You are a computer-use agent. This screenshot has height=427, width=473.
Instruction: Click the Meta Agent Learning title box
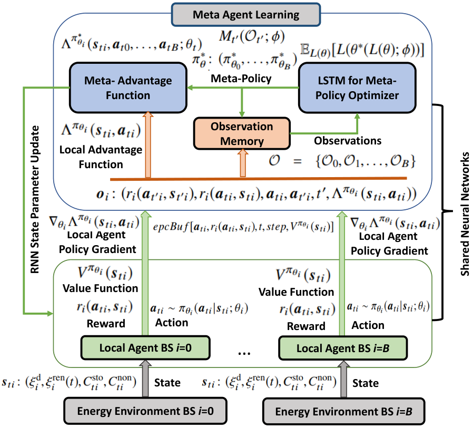coord(246,14)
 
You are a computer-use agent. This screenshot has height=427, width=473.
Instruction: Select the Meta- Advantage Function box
coord(128,88)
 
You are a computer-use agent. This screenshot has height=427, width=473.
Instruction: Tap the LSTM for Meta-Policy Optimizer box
coord(357,88)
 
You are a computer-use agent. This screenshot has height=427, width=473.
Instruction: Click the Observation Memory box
coord(242,133)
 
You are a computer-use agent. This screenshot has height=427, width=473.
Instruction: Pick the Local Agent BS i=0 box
coord(145,347)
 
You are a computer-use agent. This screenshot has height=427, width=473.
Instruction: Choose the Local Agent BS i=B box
coord(343,348)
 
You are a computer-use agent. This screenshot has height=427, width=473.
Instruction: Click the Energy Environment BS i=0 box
coord(145,411)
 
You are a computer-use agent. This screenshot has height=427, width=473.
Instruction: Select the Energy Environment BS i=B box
coord(343,412)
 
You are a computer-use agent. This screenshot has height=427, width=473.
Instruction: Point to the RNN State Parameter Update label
coord(35,200)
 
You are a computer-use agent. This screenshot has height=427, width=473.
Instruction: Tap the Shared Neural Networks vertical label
coord(465,214)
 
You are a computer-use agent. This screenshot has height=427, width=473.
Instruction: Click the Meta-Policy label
coord(241,79)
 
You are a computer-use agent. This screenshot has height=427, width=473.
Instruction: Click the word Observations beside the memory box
coord(348,141)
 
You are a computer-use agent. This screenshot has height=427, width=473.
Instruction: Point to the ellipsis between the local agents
coord(244,353)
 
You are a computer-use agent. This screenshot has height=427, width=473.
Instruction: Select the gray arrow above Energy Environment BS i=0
coord(145,379)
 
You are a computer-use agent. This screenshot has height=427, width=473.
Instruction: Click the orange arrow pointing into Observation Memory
coord(242,163)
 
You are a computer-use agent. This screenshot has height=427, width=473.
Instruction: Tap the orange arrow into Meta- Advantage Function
coord(148,145)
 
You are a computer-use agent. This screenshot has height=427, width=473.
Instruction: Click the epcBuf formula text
coord(243,227)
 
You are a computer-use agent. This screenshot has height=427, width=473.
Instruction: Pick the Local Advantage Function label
coord(101,157)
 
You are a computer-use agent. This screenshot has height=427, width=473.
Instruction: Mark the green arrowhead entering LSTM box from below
coord(358,117)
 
